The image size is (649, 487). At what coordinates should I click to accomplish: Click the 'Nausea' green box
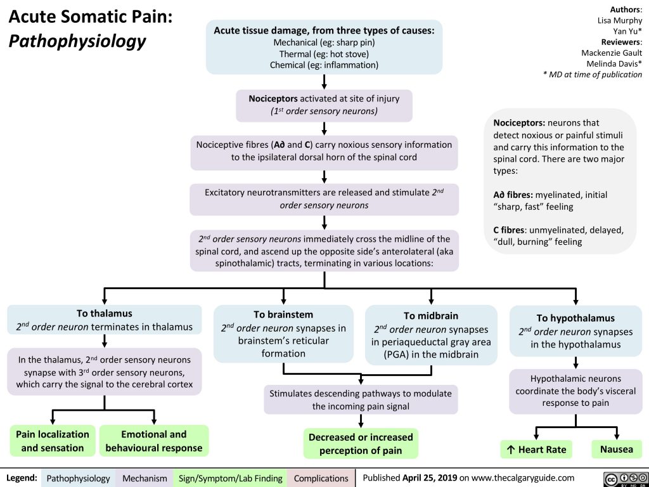pyautogui.click(x=616, y=449)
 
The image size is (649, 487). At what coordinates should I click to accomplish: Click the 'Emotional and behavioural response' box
pyautogui.click(x=153, y=441)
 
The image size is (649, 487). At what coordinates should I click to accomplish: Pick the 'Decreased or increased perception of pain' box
pyautogui.click(x=360, y=444)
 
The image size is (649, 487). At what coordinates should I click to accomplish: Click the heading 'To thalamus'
pyautogui.click(x=104, y=313)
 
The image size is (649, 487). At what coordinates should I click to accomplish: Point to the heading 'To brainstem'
pyautogui.click(x=283, y=314)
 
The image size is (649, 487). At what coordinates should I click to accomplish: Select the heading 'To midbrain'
pyautogui.click(x=430, y=315)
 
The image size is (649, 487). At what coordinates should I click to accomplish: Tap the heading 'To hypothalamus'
pyautogui.click(x=575, y=318)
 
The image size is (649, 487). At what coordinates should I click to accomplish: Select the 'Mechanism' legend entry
pyautogui.click(x=145, y=477)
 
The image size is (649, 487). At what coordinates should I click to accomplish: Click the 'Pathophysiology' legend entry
pyautogui.click(x=79, y=477)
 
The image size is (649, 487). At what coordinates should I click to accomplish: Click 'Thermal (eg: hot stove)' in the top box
pyautogui.click(x=323, y=54)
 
